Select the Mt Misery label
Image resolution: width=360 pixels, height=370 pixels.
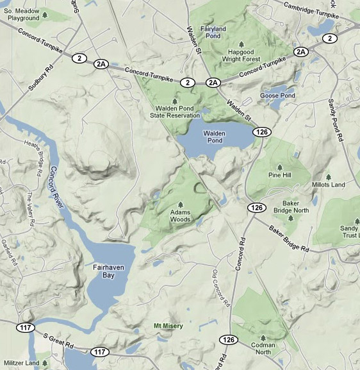pos(168,326)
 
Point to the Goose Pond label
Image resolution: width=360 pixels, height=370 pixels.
pos(277,96)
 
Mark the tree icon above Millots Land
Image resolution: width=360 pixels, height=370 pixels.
pos(328,176)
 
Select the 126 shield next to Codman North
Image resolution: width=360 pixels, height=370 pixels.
pos(228,339)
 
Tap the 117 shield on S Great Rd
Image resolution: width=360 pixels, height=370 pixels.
pos(99,351)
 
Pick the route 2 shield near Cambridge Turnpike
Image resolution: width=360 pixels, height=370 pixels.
pos(330,38)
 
